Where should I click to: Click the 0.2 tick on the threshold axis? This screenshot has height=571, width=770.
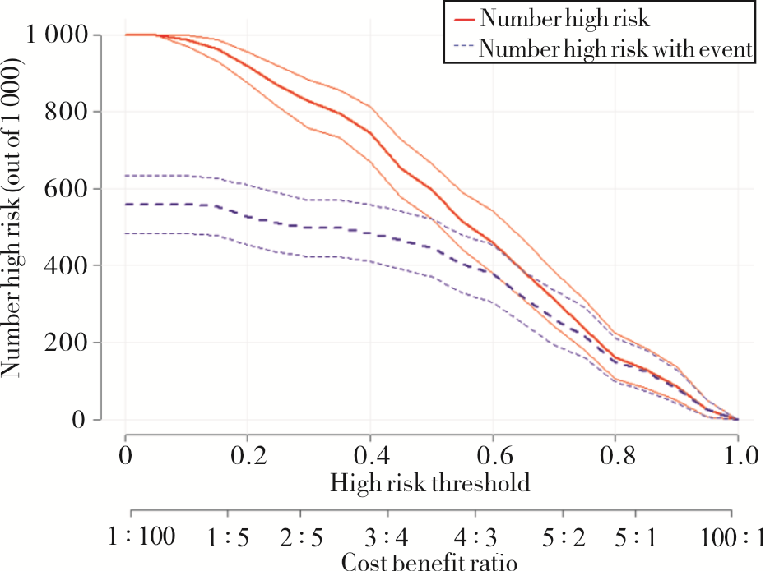pos(248,454)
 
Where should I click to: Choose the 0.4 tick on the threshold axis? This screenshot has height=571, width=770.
pos(370,454)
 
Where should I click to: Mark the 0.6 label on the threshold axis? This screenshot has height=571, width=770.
pos(493,454)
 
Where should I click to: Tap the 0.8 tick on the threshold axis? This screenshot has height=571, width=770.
pos(615,454)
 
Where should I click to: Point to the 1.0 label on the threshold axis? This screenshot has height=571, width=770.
pos(737,454)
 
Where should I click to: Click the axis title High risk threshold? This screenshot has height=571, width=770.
pos(430,482)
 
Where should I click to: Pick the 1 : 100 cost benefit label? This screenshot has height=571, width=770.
pos(142,537)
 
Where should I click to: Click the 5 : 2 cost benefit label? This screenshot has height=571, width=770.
pos(565,537)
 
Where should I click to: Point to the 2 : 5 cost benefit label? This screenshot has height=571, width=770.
pos(303,537)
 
